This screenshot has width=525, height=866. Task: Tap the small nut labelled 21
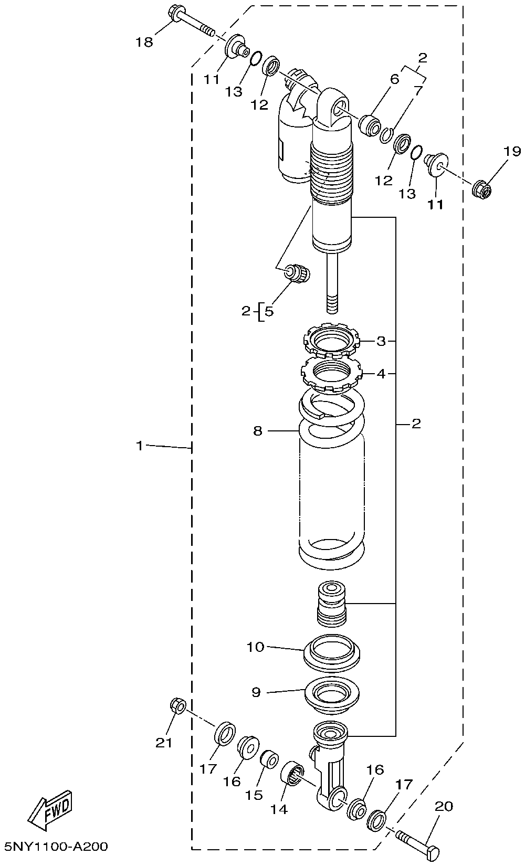(177, 706)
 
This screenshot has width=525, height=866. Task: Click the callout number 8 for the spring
(257, 431)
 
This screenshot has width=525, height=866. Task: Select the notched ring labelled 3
(331, 342)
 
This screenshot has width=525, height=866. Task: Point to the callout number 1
(139, 446)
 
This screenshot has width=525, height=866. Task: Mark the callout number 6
(394, 79)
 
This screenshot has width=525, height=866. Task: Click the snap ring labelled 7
(387, 135)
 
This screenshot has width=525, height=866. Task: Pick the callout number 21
(164, 742)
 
